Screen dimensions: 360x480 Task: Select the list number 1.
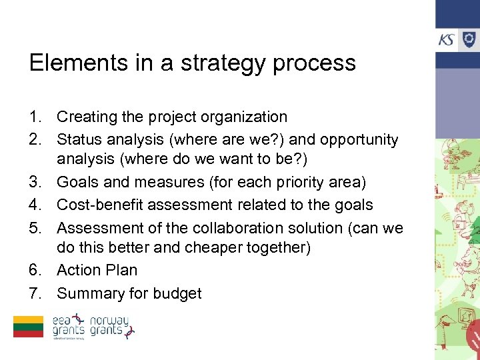click(x=36, y=117)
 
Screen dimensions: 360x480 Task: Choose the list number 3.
click(x=36, y=183)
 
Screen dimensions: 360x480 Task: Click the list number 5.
click(x=36, y=228)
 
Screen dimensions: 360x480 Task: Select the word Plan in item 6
click(x=121, y=271)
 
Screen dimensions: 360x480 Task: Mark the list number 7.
click(x=36, y=293)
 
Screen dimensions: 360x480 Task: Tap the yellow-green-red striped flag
click(x=29, y=327)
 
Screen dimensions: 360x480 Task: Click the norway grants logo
click(x=111, y=326)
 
